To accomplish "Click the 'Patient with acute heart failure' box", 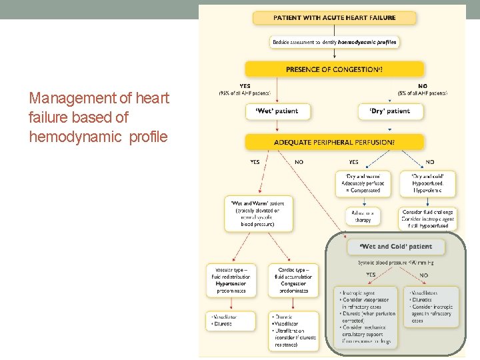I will pyautogui.click(x=334, y=17).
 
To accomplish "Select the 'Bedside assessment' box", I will pyautogui.click(x=334, y=42).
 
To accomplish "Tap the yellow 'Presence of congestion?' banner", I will pyautogui.click(x=334, y=69).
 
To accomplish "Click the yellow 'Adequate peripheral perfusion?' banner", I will pyautogui.click(x=334, y=142).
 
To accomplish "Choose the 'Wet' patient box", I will pyautogui.click(x=278, y=111).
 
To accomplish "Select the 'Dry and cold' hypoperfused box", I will pyautogui.click(x=428, y=183).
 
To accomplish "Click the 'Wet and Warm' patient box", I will pyautogui.click(x=258, y=214).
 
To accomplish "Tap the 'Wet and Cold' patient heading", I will pyautogui.click(x=395, y=247).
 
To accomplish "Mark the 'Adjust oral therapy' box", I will pyautogui.click(x=363, y=216).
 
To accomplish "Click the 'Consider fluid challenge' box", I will pyautogui.click(x=428, y=216).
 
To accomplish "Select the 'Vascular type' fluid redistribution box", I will pyautogui.click(x=231, y=281).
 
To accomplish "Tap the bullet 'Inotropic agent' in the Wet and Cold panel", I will pyautogui.click(x=359, y=293).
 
